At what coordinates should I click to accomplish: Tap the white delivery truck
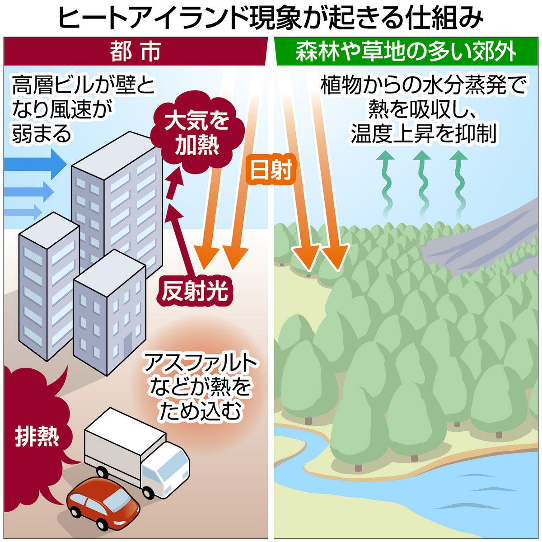tap(135, 448)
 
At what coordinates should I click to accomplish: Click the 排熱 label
tap(37, 436)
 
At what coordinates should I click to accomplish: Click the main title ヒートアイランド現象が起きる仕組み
tap(271, 18)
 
